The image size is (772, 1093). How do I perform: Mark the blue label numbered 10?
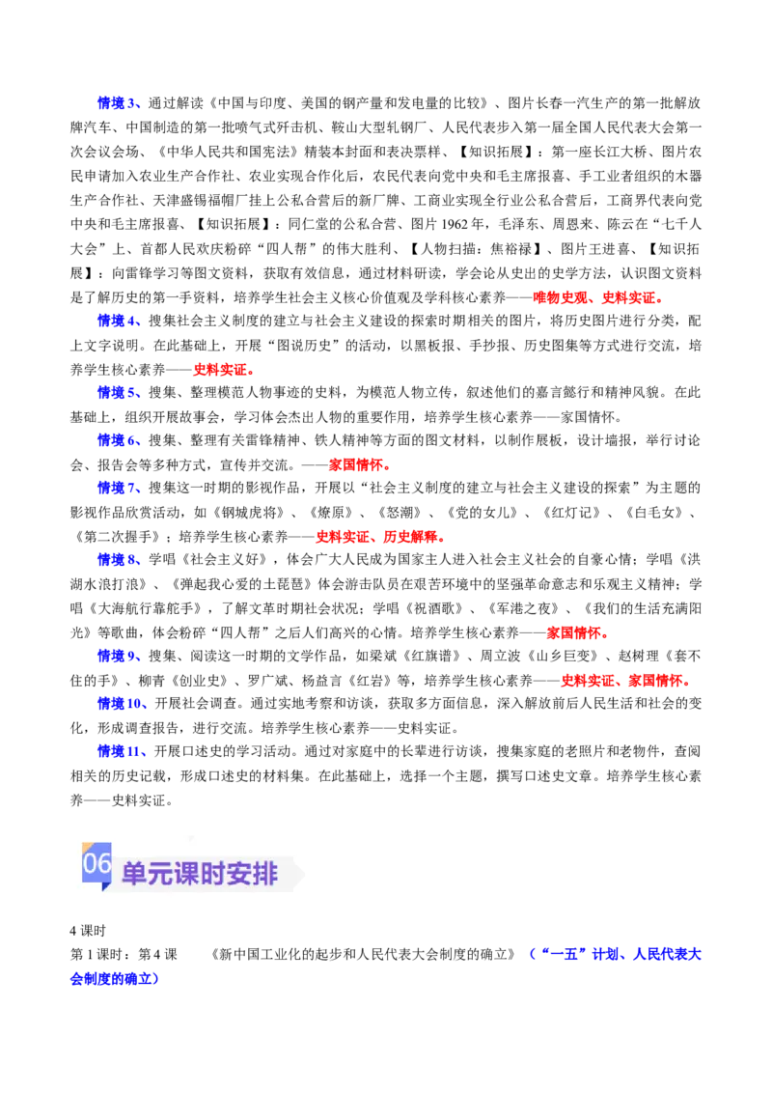[120, 703]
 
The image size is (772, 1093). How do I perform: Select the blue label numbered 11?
[120, 750]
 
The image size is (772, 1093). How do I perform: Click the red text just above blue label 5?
[221, 368]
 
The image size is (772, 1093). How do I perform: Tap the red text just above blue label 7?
[357, 465]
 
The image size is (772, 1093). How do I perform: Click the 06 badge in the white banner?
[96, 863]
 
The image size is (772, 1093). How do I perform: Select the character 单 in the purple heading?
[132, 875]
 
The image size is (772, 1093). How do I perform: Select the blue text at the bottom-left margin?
[114, 979]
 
